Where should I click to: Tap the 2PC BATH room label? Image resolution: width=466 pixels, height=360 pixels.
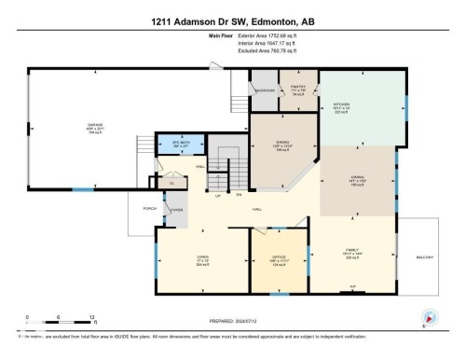[168, 143]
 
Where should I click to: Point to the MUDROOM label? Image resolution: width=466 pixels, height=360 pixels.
[264, 90]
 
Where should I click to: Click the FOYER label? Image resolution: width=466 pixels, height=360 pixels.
[175, 210]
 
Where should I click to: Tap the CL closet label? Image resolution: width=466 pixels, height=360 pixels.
[172, 183]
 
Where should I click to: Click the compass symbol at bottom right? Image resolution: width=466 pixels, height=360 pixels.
[429, 316]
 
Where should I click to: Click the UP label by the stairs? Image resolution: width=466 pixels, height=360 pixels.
[218, 195]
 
